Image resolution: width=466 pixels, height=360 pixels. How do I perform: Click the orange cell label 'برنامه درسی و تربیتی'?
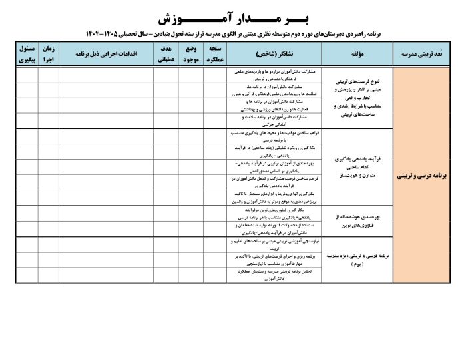423,178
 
